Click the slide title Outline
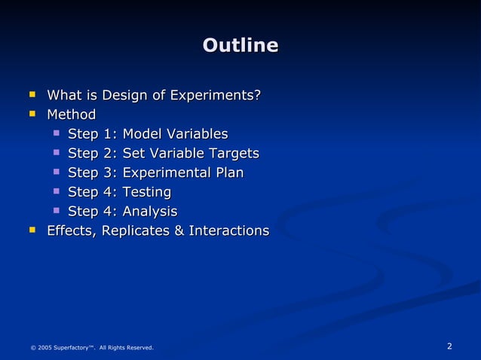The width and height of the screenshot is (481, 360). pos(240,45)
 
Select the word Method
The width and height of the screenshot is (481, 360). pos(71,114)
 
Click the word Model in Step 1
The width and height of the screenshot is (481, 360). pos(142,134)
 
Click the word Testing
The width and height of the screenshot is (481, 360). pos(146,192)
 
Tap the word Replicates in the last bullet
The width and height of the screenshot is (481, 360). pos(135,230)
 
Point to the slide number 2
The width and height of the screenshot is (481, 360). pos(449,346)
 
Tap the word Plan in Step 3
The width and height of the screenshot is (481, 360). pos(230,173)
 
